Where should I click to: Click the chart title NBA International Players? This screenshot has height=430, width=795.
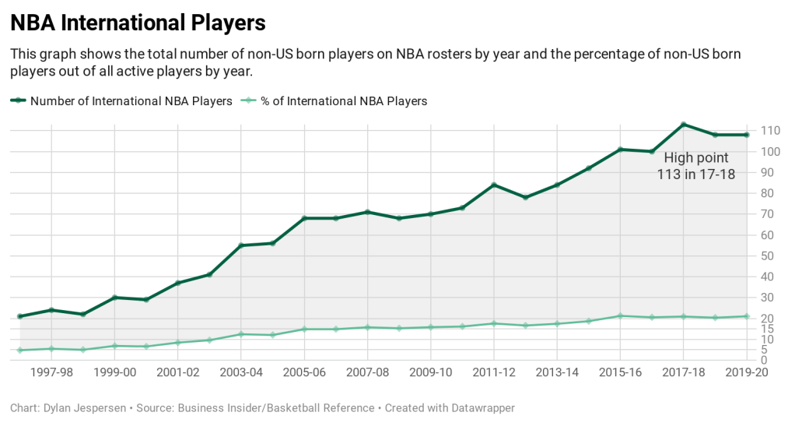[138, 23]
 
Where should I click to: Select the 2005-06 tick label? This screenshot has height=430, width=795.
[304, 373]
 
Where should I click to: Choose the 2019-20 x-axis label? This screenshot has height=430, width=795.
[746, 373]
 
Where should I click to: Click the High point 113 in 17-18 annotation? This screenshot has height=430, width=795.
[696, 166]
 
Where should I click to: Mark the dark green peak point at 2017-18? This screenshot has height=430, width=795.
[683, 125]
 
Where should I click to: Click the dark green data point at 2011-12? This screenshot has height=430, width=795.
[493, 185]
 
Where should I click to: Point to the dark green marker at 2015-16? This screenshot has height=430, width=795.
[620, 150]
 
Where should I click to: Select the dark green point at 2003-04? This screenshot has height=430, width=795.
[240, 245]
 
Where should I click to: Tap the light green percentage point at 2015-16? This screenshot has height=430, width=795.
[620, 315]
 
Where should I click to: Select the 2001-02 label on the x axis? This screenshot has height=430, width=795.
[177, 373]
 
